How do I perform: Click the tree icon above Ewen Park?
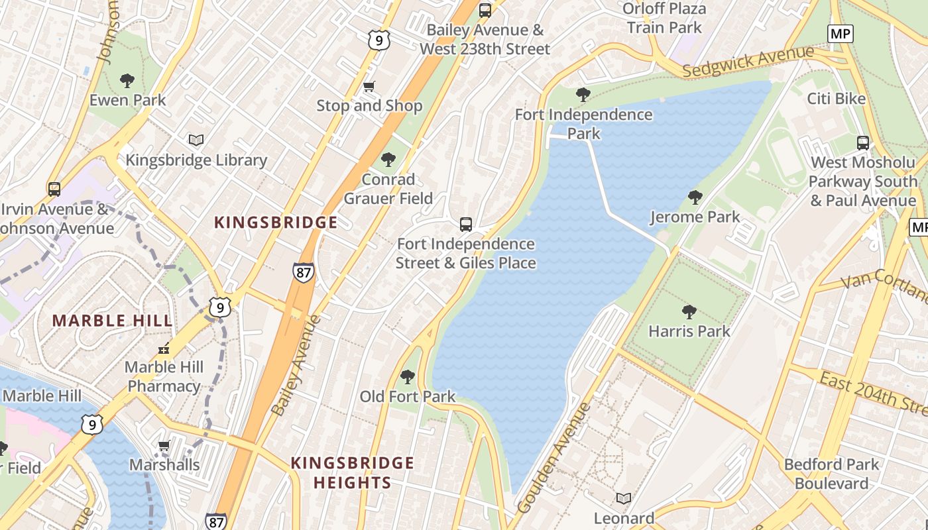(127, 81)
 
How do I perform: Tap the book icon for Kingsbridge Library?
(196, 140)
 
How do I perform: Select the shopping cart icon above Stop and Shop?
(369, 86)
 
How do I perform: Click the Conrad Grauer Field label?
(388, 189)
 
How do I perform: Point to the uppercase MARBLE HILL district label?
(112, 321)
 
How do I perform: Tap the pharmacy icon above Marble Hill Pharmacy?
(164, 348)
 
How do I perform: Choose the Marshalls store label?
(164, 465)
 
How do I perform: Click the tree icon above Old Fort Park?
(407, 377)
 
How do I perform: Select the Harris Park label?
(689, 331)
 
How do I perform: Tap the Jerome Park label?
(695, 217)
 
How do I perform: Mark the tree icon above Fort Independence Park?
(583, 95)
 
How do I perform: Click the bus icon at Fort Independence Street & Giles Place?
(466, 225)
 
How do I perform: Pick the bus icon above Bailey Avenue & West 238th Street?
(485, 11)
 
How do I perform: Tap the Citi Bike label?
(836, 99)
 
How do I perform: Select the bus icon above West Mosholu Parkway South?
(862, 142)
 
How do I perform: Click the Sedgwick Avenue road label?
(747, 62)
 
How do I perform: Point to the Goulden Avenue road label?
(553, 457)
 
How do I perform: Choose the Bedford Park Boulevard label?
(831, 474)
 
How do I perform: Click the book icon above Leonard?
(623, 498)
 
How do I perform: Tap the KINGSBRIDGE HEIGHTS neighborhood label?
(352, 472)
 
